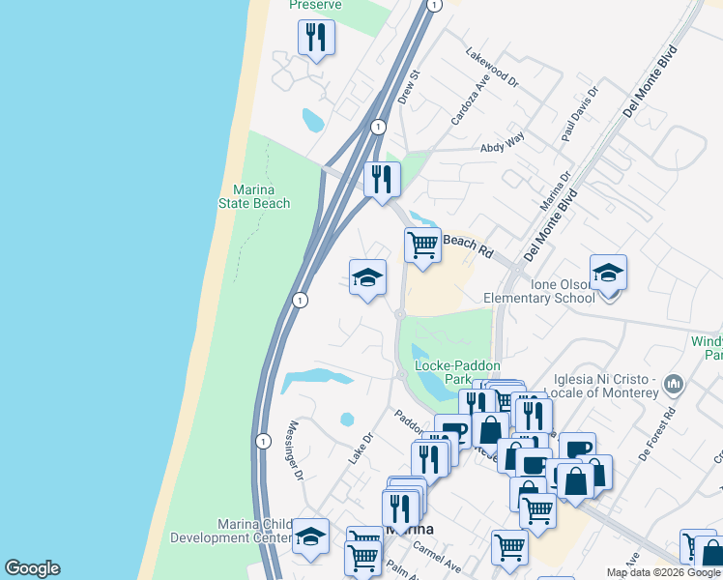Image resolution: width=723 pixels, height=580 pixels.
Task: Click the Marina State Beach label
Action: point(261,196)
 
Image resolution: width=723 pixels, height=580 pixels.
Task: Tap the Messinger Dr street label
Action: point(294,450)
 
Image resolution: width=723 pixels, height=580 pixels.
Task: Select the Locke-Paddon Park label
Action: point(457,373)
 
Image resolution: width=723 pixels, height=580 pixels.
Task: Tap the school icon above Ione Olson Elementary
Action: point(608,274)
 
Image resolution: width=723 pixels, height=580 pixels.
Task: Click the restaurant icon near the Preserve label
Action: point(316,38)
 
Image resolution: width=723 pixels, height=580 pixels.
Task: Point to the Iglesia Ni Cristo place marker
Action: point(675,386)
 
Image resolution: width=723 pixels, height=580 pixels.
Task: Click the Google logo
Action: point(32,568)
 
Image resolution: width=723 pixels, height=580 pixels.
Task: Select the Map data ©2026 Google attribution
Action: point(663,572)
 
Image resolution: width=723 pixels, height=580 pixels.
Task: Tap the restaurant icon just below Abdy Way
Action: point(382,179)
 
